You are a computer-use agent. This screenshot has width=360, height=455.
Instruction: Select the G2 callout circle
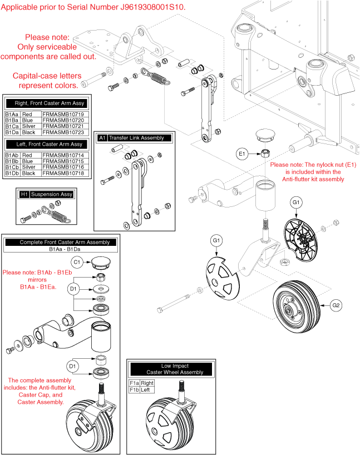point(336,305)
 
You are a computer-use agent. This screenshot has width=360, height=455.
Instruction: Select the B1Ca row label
point(12,126)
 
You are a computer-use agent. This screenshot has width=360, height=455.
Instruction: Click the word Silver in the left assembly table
point(28,167)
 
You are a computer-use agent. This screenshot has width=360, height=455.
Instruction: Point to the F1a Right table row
point(141,383)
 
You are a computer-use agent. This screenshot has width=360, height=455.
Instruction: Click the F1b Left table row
point(140,389)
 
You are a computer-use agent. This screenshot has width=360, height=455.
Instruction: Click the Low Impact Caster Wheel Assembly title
point(170,369)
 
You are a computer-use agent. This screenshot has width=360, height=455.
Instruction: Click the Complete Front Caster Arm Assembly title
point(61,243)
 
